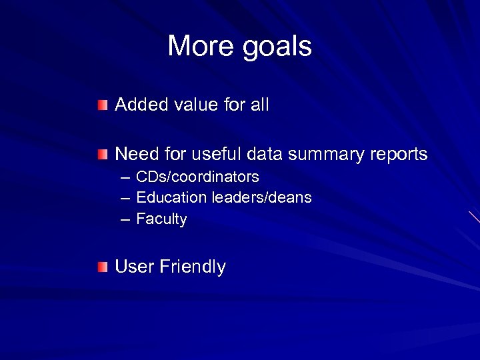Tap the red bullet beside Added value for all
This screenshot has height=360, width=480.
pyautogui.click(x=101, y=105)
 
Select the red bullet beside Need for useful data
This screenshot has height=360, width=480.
pyautogui.click(x=101, y=155)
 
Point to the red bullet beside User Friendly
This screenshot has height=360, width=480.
pyautogui.click(x=101, y=268)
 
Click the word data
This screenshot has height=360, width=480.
pyautogui.click(x=264, y=155)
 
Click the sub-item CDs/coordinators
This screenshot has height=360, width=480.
pyautogui.click(x=197, y=177)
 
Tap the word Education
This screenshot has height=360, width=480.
pyautogui.click(x=171, y=198)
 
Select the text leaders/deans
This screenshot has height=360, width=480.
pyautogui.click(x=261, y=198)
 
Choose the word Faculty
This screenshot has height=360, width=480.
pyautogui.click(x=161, y=219)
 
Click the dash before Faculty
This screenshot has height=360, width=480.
pyautogui.click(x=125, y=219)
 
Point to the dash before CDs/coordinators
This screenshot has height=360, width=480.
pyautogui.click(x=125, y=177)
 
